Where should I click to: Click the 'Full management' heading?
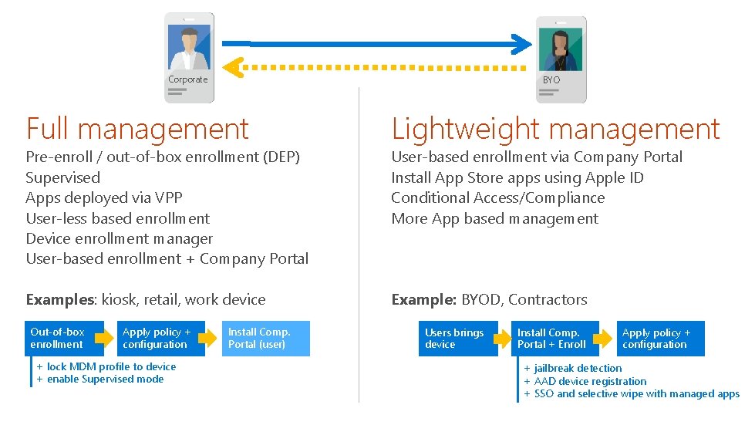pos(137,129)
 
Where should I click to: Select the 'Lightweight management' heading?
pos(555,129)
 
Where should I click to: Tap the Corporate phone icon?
pos(189,58)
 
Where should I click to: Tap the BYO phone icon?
pos(561,59)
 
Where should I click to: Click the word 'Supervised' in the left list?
pos(63,177)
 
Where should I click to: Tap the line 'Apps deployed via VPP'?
pos(104,197)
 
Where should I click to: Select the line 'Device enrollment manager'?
pos(120,238)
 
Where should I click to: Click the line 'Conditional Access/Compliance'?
pos(497,197)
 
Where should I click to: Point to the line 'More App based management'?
pos(494,218)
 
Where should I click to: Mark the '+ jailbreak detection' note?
pos(572,368)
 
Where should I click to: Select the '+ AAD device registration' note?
pos(585,381)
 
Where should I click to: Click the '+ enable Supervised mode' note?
pos(99,379)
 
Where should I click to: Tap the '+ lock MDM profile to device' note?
pos(106,366)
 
